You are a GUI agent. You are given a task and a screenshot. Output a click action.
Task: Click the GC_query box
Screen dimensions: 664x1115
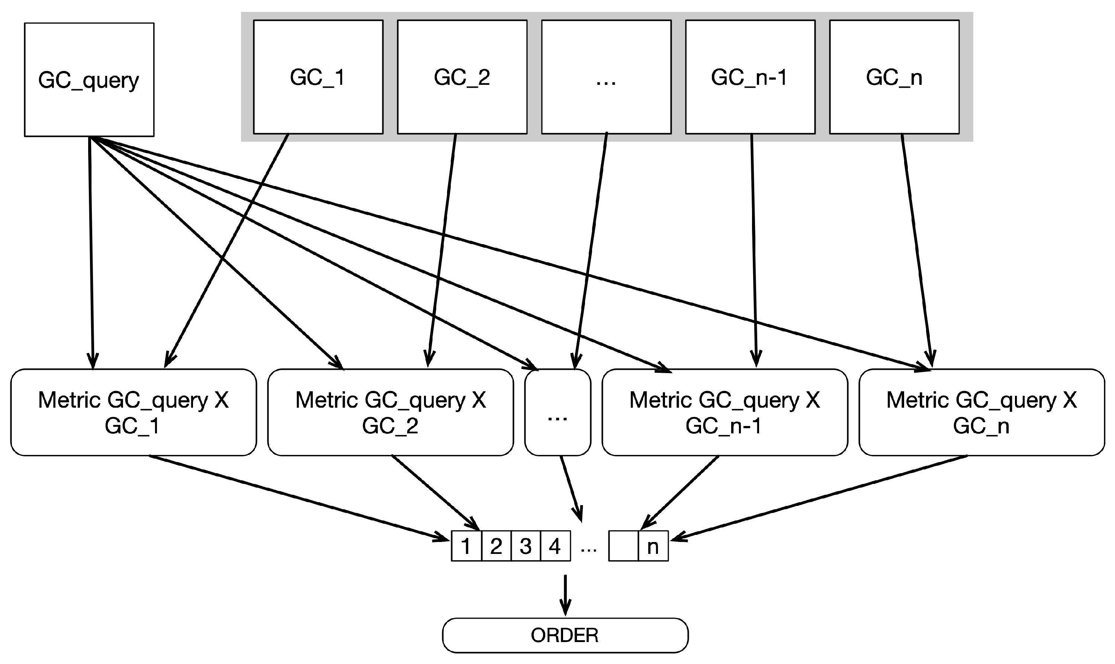click(89, 80)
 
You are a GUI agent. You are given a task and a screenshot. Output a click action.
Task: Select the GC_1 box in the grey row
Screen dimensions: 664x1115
click(318, 77)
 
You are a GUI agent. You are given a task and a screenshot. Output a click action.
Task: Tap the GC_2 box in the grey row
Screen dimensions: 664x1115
click(462, 77)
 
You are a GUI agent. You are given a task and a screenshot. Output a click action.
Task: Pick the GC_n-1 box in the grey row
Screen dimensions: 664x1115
click(750, 77)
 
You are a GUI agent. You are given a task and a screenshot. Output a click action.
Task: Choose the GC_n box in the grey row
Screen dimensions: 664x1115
click(894, 77)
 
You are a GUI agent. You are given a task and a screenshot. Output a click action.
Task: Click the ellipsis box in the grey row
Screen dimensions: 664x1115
click(606, 77)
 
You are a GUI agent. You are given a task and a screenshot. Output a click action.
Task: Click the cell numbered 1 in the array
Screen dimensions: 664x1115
click(466, 546)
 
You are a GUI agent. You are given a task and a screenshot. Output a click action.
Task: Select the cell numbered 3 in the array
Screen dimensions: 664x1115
click(526, 546)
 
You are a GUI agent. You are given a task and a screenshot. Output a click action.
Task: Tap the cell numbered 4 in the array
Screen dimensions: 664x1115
click(555, 546)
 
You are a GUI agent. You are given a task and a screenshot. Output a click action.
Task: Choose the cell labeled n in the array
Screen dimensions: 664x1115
click(653, 546)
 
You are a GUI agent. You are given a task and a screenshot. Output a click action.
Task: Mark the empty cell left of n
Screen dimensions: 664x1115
click(623, 546)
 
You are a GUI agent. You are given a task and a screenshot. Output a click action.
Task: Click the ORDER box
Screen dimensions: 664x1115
click(565, 635)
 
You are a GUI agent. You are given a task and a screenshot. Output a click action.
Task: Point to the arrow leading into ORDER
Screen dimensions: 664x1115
click(565, 595)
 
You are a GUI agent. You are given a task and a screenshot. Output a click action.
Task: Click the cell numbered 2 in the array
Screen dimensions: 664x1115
click(496, 546)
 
